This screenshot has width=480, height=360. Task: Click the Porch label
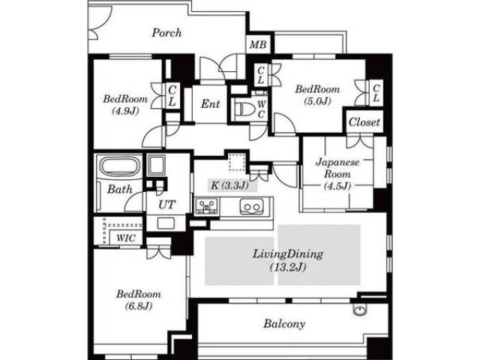(166, 33)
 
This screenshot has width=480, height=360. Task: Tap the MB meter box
(258, 45)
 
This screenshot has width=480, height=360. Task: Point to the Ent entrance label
(211, 104)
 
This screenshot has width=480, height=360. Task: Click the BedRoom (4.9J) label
(125, 105)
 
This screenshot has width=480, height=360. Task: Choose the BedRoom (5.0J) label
(317, 95)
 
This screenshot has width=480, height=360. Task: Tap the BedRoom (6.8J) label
(139, 300)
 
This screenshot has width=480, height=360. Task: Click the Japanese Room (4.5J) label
(337, 174)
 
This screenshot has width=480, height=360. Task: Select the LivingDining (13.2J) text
(288, 260)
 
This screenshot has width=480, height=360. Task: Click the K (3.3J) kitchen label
(230, 185)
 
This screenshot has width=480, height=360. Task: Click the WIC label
(126, 238)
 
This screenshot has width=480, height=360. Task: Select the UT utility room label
(166, 205)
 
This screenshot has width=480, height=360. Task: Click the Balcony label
(284, 323)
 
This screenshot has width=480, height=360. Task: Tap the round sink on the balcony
(358, 310)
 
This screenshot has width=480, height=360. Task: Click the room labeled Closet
(364, 122)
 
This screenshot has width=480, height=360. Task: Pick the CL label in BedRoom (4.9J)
(172, 96)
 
